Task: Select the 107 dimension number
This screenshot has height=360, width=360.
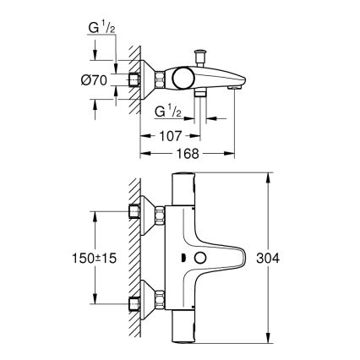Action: click(171, 134)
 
